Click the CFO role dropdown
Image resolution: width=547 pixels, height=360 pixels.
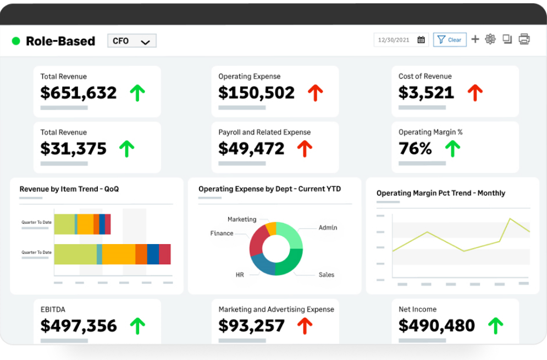click(131, 41)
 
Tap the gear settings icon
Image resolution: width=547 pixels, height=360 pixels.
click(490, 39)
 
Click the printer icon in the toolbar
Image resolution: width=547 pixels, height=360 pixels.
click(524, 39)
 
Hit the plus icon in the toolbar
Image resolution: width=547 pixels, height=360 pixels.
click(476, 39)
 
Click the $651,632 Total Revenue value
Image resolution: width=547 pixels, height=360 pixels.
click(79, 92)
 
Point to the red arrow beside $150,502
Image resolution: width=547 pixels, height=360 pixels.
click(316, 93)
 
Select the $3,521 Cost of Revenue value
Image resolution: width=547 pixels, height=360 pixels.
click(426, 92)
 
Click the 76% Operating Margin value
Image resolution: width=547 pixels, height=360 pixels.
click(415, 148)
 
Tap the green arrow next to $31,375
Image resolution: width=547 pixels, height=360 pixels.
click(126, 148)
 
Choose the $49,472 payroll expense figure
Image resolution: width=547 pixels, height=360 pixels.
click(251, 148)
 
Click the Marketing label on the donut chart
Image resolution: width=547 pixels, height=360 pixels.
click(242, 219)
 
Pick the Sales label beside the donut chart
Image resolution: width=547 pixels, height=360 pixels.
click(326, 275)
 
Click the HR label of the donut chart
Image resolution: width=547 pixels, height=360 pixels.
click(240, 275)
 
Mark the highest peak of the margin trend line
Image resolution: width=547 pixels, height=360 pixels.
click(511, 219)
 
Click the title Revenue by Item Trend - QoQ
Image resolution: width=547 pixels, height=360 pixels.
click(69, 189)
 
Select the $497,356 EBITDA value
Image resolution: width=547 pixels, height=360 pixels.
click(79, 325)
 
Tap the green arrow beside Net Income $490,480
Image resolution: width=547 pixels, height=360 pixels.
click(496, 325)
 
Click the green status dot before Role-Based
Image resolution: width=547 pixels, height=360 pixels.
click(16, 41)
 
